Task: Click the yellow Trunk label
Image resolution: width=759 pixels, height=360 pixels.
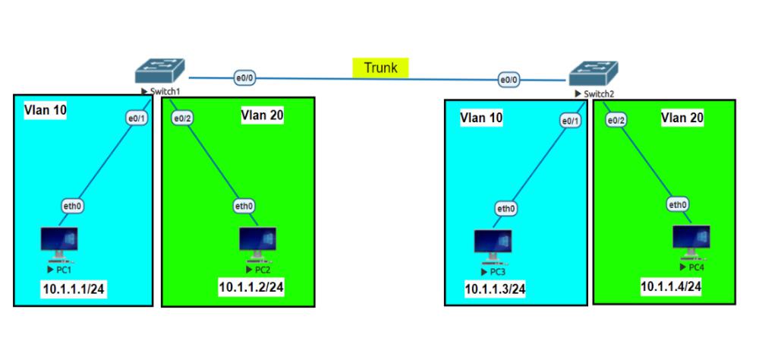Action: point(380,68)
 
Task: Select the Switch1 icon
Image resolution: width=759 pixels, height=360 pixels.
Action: point(158,71)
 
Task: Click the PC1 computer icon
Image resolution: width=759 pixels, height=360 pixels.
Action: point(59,244)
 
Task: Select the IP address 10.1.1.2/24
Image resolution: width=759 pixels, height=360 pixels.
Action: point(252,286)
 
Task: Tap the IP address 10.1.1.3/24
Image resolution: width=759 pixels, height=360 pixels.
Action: point(495,289)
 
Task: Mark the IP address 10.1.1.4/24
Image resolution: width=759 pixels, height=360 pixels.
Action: point(670,286)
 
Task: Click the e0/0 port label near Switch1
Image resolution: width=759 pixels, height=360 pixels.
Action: point(244,77)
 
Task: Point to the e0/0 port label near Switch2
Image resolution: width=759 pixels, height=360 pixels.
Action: point(509,79)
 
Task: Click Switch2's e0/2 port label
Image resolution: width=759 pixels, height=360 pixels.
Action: point(616,120)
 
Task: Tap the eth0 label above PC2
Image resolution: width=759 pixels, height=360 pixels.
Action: point(244,205)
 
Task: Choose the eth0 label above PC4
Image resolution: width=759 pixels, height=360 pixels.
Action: point(678,204)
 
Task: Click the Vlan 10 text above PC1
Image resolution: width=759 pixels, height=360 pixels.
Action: point(46,110)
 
